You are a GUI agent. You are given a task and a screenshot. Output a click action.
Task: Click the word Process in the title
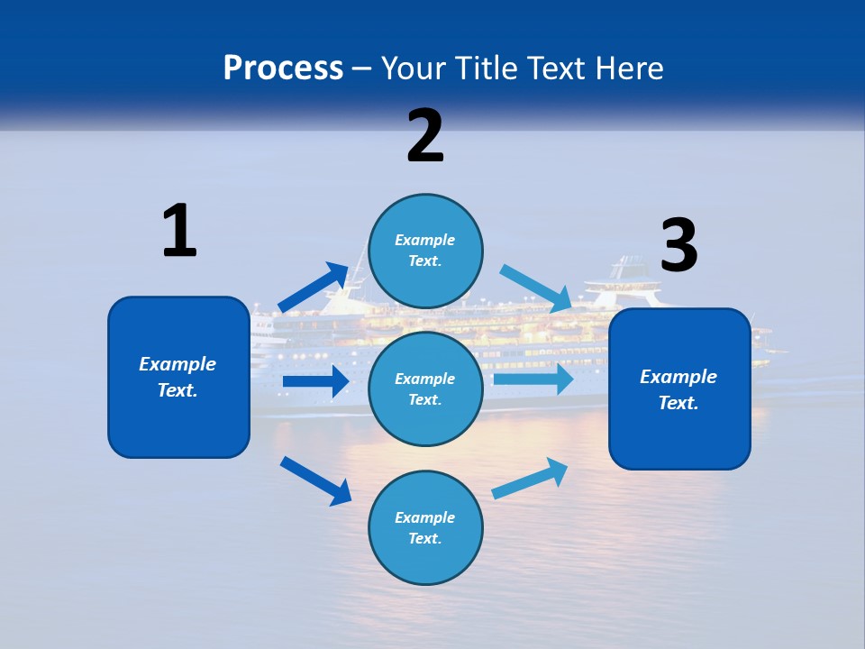(283, 68)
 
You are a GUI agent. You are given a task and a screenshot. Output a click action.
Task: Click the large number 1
(179, 231)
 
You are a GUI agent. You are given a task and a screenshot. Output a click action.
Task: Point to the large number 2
(425, 136)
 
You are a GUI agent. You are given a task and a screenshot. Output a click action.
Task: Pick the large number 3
(678, 245)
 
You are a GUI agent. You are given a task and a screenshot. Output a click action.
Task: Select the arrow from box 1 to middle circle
(315, 381)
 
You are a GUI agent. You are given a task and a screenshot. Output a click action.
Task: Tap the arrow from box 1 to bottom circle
(315, 480)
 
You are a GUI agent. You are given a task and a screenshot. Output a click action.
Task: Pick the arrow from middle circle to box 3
(533, 379)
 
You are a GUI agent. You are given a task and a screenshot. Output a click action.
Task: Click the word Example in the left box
(178, 364)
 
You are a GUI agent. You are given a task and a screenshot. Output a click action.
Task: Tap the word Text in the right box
(678, 403)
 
